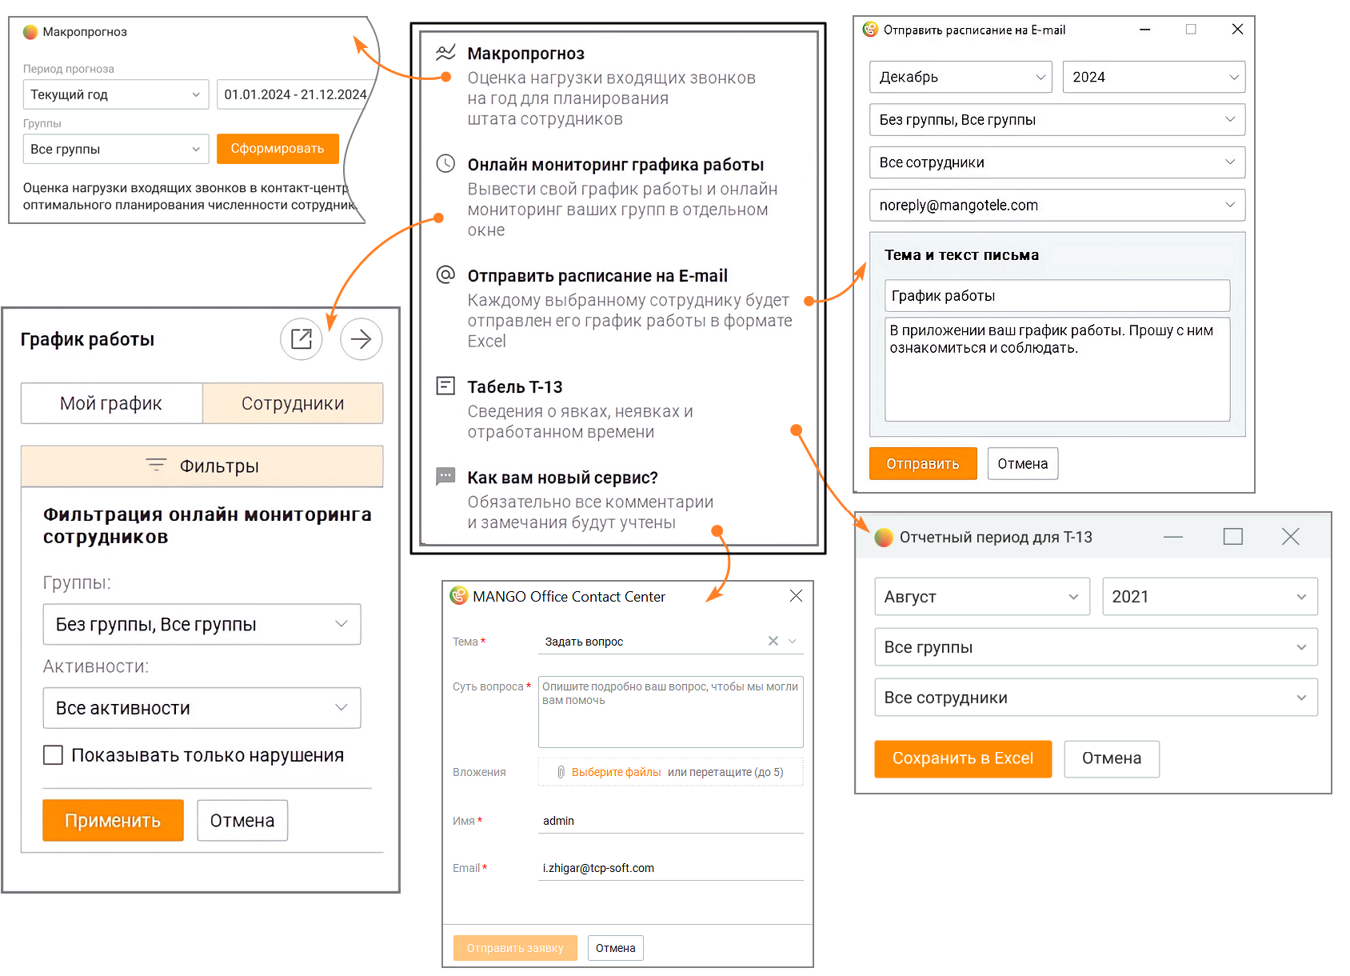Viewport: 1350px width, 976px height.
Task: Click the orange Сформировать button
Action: point(278,148)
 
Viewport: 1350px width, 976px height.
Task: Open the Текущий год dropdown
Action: point(116,94)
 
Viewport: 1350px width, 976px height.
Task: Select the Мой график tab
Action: point(111,403)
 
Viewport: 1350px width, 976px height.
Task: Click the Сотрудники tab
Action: point(293,403)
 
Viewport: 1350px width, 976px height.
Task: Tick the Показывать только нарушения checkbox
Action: point(53,754)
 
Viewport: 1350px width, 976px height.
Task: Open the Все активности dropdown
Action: point(202,708)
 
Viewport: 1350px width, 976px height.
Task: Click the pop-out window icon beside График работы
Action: point(302,338)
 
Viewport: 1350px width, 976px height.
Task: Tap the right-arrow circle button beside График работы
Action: point(361,338)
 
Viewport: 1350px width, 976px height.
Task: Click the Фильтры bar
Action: point(202,466)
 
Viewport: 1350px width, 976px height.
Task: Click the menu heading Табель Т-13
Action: point(515,387)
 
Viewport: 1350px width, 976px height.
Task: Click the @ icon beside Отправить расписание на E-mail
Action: point(445,275)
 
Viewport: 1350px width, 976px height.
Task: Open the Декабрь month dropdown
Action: point(961,77)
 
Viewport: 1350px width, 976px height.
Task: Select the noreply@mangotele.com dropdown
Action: point(1057,205)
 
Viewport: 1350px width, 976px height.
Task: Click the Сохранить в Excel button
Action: point(962,758)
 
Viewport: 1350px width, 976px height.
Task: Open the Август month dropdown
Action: point(982,596)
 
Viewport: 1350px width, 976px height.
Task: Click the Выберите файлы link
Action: point(616,772)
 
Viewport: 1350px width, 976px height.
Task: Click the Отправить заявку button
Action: point(515,948)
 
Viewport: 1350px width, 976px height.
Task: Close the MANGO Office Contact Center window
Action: point(796,596)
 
